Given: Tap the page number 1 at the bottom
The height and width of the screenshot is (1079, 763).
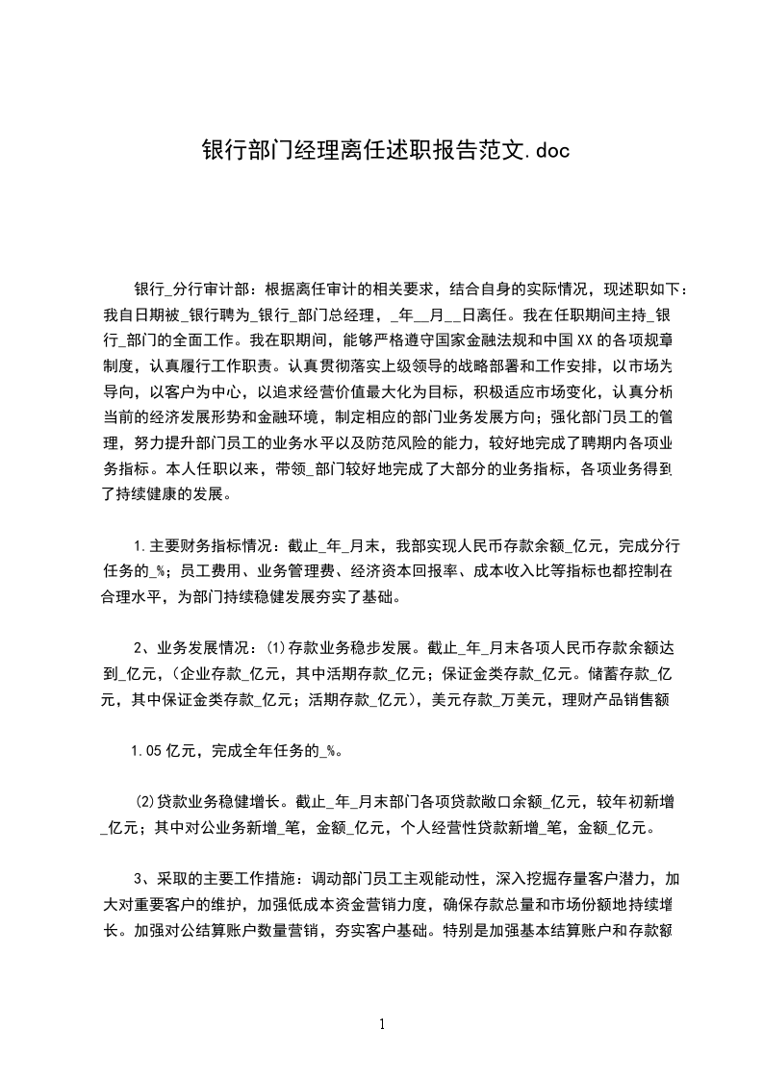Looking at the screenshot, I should pos(382,1025).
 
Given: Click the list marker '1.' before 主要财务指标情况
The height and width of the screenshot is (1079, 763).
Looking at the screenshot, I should pos(140,545).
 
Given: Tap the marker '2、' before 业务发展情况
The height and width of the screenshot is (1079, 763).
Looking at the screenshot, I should pos(143,645).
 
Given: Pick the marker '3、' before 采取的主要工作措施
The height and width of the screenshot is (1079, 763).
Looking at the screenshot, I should pos(143,878).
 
